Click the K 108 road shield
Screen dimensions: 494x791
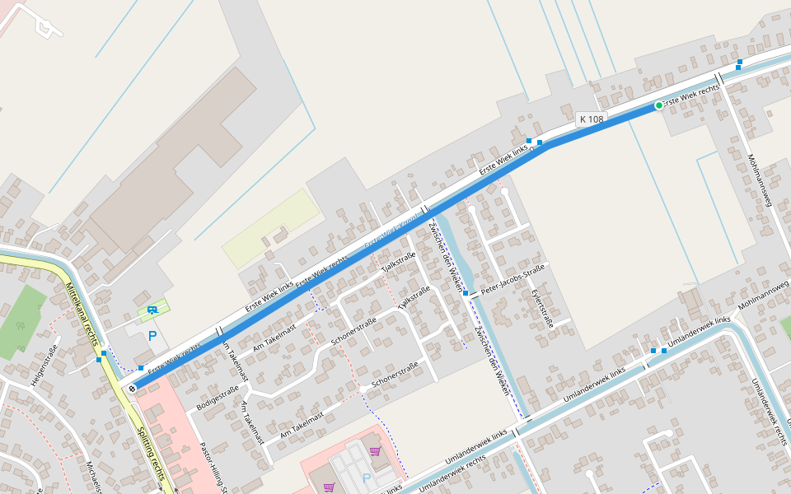click(x=592, y=119)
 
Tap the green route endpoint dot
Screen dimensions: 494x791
click(x=658, y=105)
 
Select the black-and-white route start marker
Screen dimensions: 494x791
click(x=132, y=387)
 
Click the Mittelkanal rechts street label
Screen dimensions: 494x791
click(x=82, y=314)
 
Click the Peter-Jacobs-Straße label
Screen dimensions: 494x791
click(x=513, y=279)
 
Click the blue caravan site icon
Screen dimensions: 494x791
click(x=152, y=310)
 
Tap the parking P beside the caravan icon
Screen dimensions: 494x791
click(x=152, y=335)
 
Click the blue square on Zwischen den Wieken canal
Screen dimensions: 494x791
click(x=466, y=293)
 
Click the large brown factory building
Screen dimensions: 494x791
click(x=173, y=165)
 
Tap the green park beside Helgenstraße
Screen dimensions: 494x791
click(x=21, y=321)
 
